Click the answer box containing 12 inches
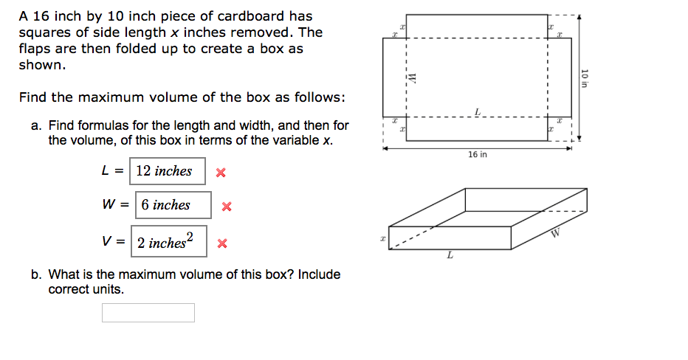coord(168,171)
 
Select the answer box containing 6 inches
coord(173,205)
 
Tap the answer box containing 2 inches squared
coord(169,241)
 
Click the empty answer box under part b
coord(148,313)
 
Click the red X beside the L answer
coord(220,173)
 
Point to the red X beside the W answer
coord(227,207)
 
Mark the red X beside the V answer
coord(221,243)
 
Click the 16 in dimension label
coord(478,155)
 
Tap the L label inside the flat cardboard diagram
coord(478,111)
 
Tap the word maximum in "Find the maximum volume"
coord(111,97)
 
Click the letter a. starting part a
coord(36,125)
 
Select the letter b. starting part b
coord(36,274)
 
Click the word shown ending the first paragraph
coord(42,64)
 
